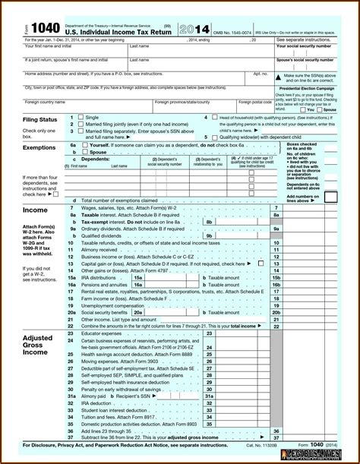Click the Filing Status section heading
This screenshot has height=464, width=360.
(41, 120)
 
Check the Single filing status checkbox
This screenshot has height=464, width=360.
(81, 118)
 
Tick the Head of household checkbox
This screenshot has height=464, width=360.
(213, 118)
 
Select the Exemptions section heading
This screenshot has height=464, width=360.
(39, 148)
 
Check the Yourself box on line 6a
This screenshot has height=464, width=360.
(84, 144)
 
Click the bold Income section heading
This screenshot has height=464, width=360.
(35, 209)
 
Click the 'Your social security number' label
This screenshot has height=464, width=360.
(307, 46)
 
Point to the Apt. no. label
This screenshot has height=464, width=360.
(260, 74)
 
